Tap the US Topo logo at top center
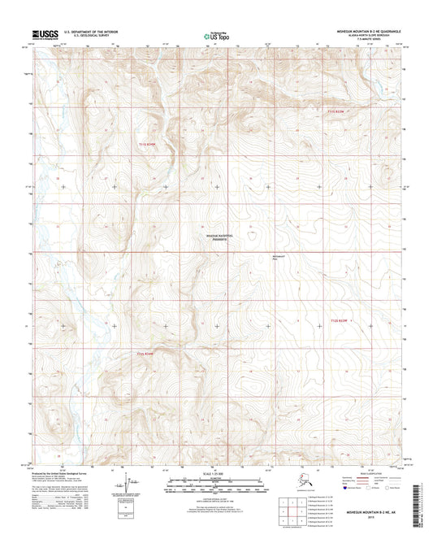point(216,36)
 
